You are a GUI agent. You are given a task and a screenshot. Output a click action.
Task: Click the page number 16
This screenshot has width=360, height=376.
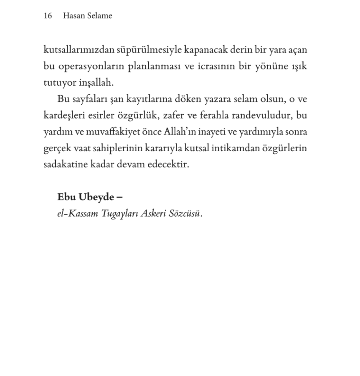point(48,16)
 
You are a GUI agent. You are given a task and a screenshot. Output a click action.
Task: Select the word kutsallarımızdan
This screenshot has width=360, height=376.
point(75,50)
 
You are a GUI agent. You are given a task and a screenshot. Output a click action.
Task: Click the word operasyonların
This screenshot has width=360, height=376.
point(89,66)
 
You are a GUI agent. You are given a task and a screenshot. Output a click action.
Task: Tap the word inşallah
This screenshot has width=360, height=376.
point(96,83)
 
